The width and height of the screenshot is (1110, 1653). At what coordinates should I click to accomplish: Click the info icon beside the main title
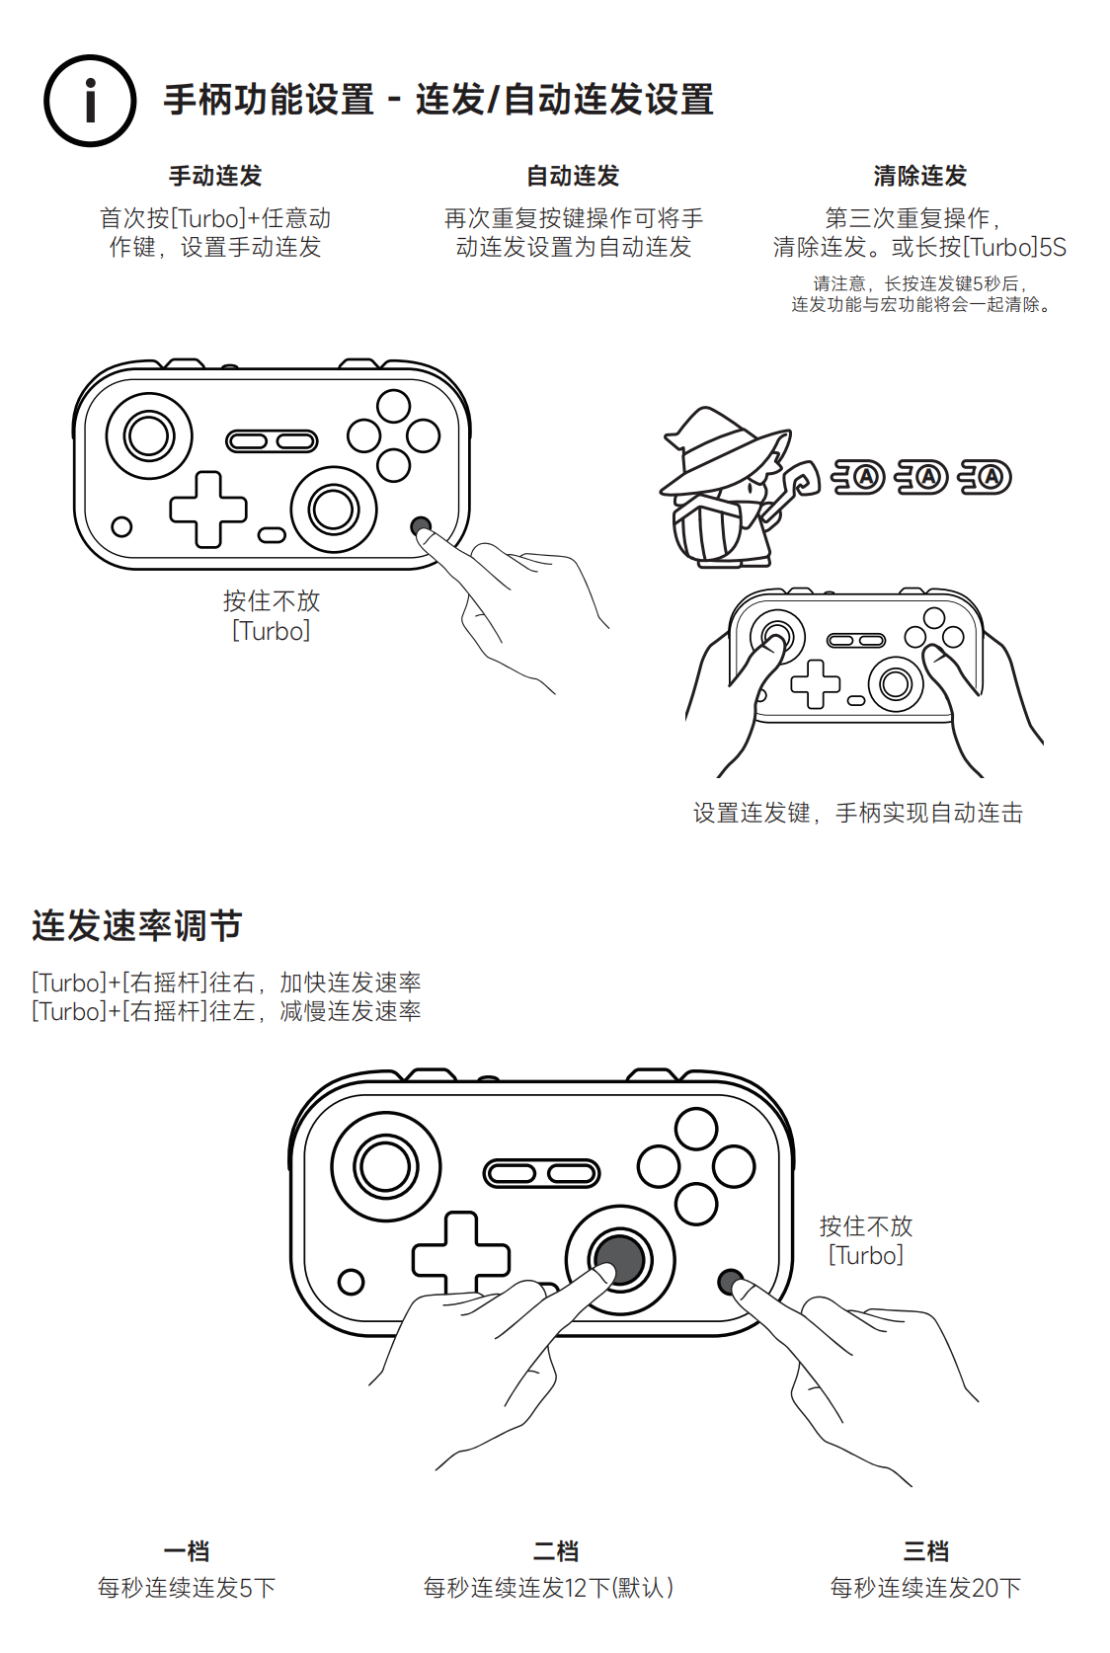click(x=90, y=101)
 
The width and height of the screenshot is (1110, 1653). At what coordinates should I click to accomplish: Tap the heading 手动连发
click(x=215, y=176)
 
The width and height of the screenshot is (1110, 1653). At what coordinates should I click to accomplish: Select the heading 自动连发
click(x=573, y=176)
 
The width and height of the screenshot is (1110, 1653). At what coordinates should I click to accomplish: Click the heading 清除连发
click(x=919, y=176)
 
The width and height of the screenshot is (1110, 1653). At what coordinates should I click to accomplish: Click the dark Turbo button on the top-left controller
click(x=421, y=526)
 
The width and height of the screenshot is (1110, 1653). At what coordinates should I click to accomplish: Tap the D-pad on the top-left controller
click(x=208, y=510)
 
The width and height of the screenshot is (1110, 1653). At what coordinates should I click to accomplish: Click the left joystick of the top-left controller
click(x=149, y=435)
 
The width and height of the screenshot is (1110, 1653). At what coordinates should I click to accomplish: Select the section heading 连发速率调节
click(x=137, y=925)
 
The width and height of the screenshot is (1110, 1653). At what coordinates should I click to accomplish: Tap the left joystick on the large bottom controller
click(x=385, y=1167)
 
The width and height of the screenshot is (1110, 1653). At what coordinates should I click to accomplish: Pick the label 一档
click(x=186, y=1550)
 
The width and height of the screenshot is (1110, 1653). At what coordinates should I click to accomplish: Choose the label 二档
click(x=556, y=1550)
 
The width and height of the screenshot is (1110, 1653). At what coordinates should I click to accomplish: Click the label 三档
click(x=925, y=1550)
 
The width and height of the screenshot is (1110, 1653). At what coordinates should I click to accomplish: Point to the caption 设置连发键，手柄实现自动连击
click(x=857, y=813)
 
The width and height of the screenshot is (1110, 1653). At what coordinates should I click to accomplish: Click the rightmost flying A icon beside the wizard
click(x=986, y=477)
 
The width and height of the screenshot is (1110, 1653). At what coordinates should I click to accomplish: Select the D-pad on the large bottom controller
click(x=460, y=1254)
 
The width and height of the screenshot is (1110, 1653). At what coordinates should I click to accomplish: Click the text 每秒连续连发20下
click(x=925, y=1587)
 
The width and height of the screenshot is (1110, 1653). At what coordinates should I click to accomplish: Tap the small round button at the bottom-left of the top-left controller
click(x=121, y=526)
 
